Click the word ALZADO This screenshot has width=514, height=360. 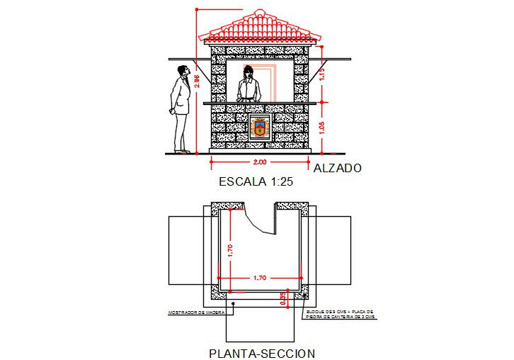338,169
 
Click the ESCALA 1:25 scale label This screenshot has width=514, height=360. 256,182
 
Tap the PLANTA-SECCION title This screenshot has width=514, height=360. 262,353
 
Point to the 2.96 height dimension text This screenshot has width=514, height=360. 197,81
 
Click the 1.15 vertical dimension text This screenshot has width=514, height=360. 321,74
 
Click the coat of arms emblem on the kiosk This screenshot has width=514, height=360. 260,128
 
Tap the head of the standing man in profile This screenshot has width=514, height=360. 183,71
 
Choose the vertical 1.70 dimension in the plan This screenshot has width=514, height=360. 229,249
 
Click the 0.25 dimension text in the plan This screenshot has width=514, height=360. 283,299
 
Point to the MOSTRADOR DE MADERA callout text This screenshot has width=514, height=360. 196,313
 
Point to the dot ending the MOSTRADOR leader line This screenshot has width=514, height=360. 232,303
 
